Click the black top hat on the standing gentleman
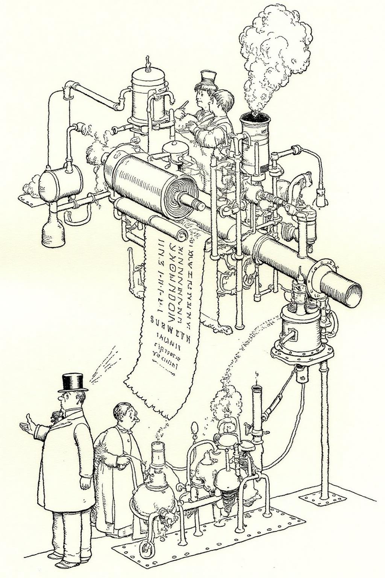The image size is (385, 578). [73, 382]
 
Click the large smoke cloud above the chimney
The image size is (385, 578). [274, 53]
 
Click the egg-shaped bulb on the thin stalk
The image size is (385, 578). [194, 428]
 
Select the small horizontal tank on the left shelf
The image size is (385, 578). [60, 184]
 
